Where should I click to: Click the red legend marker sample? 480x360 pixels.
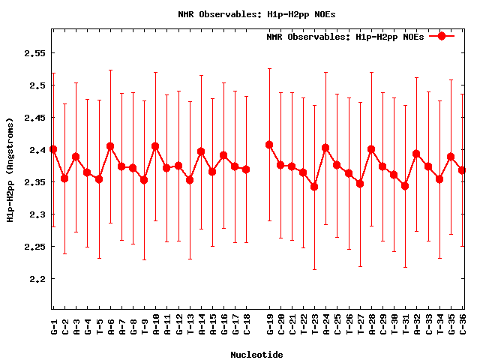(442, 36)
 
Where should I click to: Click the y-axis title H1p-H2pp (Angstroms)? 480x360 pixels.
(10, 169)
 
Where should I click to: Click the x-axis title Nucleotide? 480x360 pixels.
(256, 355)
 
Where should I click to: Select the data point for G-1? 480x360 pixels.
(53, 149)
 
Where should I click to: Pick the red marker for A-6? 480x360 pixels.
(110, 146)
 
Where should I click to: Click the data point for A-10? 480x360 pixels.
(155, 146)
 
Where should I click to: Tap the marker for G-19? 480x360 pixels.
(269, 145)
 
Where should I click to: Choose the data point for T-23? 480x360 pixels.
(314, 187)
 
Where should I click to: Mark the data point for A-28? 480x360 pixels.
(371, 149)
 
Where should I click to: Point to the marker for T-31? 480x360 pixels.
(405, 186)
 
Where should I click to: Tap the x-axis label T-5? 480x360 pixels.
(99, 325)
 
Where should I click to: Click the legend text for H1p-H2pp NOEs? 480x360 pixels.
(345, 36)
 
